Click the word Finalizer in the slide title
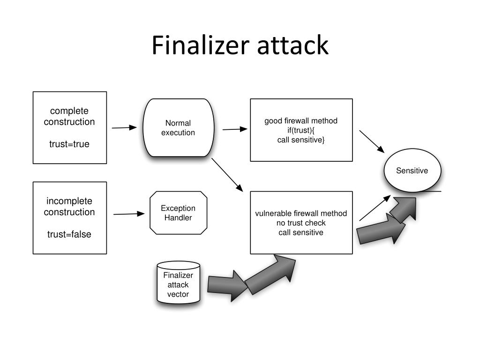200,45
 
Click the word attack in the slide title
292,45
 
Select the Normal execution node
179,127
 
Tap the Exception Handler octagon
179,213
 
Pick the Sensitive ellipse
412,171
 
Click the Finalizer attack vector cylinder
179,283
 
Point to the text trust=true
69,144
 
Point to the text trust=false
69,234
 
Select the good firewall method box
301,130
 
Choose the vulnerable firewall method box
301,223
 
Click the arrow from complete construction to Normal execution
124,127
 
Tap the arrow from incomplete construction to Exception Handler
129,214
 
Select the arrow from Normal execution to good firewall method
235,129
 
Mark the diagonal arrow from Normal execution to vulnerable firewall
227,175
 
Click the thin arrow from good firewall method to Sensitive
372,142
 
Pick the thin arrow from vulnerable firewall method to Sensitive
375,208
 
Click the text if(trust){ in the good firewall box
301,130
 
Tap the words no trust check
301,223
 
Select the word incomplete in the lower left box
69,201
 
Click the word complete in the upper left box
69,111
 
